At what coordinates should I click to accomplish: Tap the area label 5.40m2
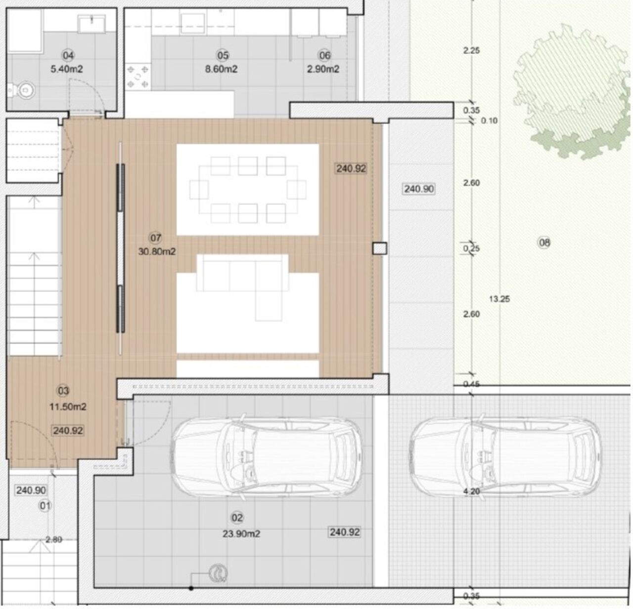pos(67,69)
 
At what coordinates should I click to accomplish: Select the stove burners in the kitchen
pos(137,77)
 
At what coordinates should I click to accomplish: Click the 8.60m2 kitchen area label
pos(221,69)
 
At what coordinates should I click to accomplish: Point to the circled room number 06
pos(324,55)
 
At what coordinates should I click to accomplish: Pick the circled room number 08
pos(544,243)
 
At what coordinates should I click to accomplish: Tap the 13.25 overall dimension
pos(499,299)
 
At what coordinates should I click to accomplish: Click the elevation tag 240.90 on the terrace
pos(419,189)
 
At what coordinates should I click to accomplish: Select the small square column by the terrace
pos(380,249)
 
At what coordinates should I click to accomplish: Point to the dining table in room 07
pos(248,190)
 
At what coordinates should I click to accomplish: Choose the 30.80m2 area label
pos(157,251)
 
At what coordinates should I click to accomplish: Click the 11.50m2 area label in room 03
pos(68,406)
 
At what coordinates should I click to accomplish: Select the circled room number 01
pos(45,506)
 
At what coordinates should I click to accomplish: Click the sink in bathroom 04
pos(91,24)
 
